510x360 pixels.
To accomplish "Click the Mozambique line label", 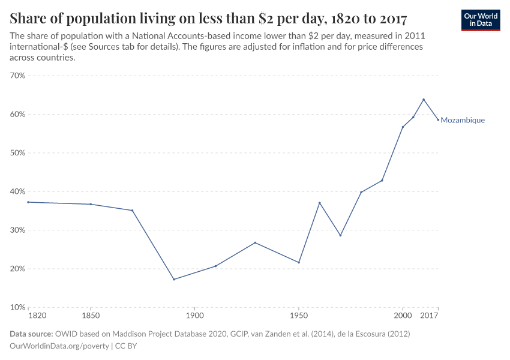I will coord(463,120).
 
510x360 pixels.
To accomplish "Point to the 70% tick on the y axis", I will coord(17,76).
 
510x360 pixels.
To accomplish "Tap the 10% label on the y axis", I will coord(17,307).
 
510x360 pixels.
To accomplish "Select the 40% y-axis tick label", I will coord(17,191).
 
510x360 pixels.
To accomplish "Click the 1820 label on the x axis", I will coord(37,315).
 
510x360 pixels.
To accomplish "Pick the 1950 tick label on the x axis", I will coord(298,315).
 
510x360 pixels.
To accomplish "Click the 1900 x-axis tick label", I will coord(194,315).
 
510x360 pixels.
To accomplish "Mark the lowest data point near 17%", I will coord(174,280).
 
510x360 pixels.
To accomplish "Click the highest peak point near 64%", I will coord(424,100).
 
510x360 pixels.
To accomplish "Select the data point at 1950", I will coord(298,262).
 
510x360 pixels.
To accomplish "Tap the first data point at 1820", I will coord(28,202).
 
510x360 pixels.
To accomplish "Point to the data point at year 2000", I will coord(403,127).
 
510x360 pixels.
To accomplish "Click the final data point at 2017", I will coord(438,119).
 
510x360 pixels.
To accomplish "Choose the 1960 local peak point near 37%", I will coord(319,203).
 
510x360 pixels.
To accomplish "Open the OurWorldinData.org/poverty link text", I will coord(59,346).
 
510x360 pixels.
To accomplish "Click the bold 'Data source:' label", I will coord(31,334).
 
